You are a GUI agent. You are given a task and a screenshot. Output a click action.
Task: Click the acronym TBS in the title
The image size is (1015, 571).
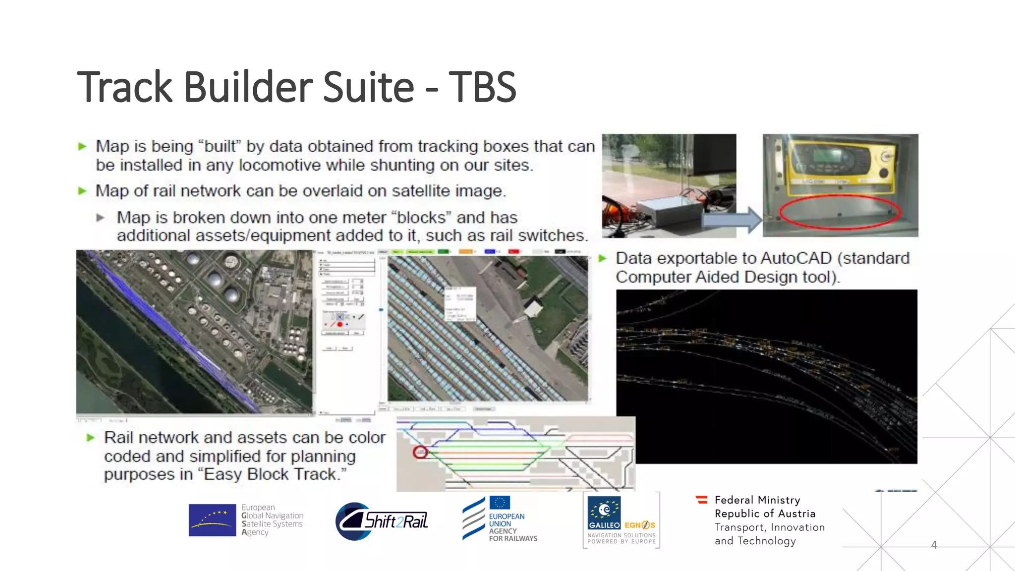tap(482, 87)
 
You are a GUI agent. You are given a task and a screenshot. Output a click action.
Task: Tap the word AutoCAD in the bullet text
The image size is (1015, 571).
tap(795, 258)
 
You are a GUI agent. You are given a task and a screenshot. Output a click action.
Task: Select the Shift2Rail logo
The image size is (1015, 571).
tap(382, 521)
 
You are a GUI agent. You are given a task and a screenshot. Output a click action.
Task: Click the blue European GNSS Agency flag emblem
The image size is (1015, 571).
tap(212, 520)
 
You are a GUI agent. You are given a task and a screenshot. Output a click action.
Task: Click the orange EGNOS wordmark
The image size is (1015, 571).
tap(640, 525)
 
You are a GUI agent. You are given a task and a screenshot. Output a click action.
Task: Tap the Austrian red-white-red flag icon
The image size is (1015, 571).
tap(701, 500)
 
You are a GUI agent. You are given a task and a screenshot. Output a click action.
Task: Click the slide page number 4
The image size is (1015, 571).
tap(934, 545)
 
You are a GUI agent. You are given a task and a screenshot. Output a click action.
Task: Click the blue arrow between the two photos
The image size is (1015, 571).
tap(733, 220)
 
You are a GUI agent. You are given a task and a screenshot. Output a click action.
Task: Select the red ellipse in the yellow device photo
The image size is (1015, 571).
tap(840, 212)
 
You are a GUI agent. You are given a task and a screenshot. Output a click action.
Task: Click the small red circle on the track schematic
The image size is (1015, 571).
tap(420, 452)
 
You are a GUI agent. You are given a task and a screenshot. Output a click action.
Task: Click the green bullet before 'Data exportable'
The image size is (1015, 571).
tap(603, 258)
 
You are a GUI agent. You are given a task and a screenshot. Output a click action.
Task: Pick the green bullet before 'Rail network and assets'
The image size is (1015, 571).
tap(91, 438)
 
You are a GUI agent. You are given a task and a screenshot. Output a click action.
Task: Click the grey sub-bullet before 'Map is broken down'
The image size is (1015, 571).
tap(101, 218)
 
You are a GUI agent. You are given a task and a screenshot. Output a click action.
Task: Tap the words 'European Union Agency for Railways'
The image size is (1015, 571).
tap(512, 527)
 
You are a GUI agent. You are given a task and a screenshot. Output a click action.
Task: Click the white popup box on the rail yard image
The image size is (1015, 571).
tap(459, 303)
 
